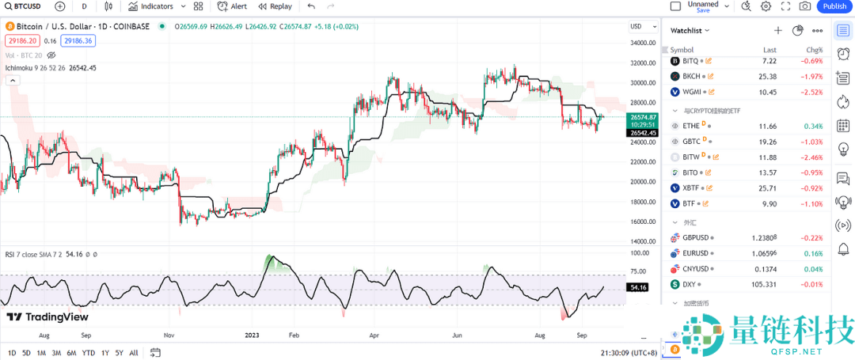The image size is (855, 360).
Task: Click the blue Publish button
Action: tap(834, 6)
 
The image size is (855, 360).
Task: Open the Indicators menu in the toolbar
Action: tap(151, 6)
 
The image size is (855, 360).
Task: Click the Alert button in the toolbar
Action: tap(233, 6)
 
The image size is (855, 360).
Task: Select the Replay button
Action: tap(275, 6)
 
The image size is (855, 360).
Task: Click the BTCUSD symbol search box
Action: tap(23, 6)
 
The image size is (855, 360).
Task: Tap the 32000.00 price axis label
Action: tap(643, 63)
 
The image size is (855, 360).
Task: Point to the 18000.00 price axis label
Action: tap(643, 202)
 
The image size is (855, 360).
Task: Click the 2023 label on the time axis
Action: tap(253, 335)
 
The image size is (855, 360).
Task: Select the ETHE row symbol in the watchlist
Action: tap(691, 126)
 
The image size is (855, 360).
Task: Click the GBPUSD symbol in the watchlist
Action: tap(696, 237)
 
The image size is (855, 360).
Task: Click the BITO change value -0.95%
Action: tap(812, 172)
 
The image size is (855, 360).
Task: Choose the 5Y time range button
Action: tap(119, 353)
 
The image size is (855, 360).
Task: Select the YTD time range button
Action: tap(89, 353)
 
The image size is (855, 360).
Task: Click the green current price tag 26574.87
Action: tap(642, 116)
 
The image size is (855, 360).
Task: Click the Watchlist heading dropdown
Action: tap(690, 30)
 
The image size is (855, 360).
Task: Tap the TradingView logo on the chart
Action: tap(47, 317)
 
